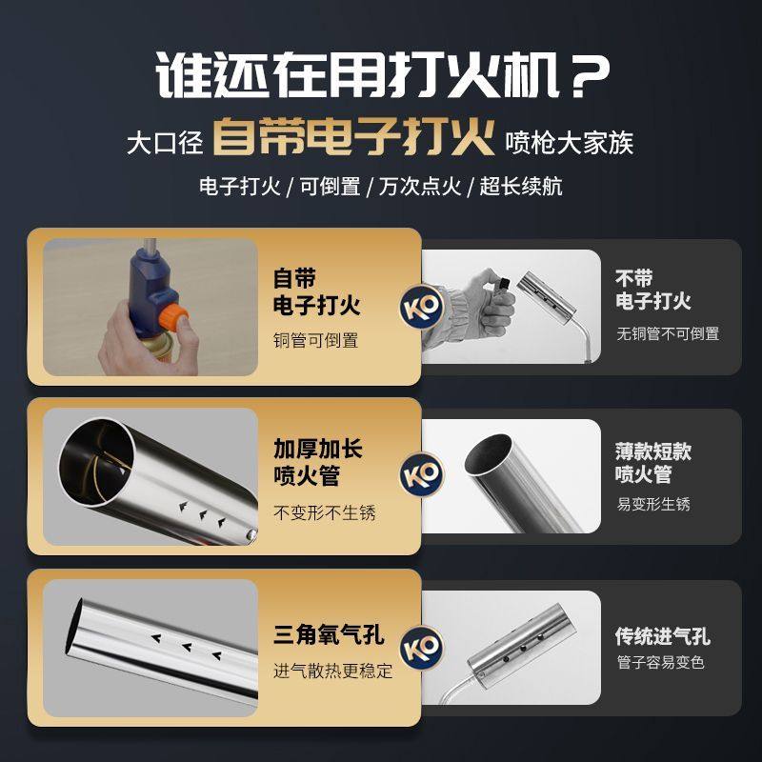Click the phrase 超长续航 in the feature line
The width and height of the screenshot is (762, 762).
coord(521,186)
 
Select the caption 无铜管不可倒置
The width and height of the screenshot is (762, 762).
coord(668,333)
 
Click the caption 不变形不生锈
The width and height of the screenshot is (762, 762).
coord(325,512)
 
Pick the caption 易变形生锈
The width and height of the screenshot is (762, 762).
coord(653,504)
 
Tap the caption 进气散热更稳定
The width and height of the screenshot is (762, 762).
coord(333,671)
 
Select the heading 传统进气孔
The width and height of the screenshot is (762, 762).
coord(663,637)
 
